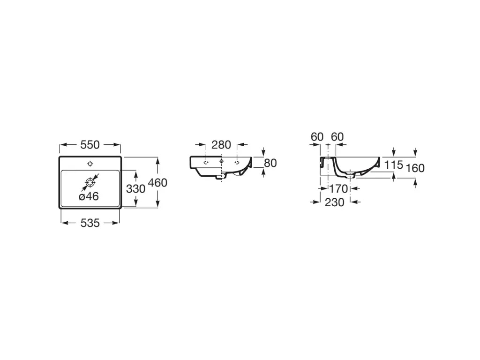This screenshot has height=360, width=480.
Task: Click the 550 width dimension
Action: (90, 145)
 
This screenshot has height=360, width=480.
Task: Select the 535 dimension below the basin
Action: (90, 223)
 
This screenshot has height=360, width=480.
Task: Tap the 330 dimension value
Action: (135, 189)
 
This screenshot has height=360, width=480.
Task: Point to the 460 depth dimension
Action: (157, 183)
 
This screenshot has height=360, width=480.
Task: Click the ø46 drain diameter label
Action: (89, 196)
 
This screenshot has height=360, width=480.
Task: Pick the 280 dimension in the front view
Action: (221, 145)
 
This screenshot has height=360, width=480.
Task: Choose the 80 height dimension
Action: (270, 163)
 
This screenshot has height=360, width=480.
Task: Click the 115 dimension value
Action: (394, 165)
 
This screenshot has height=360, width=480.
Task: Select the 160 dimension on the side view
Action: (415, 168)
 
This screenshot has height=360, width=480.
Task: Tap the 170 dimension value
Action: (338, 189)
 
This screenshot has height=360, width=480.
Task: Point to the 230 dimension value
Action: (335, 202)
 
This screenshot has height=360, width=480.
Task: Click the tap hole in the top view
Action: (90, 164)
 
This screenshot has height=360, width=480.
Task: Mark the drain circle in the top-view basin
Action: (90, 183)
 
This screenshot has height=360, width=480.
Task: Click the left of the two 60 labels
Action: (317, 137)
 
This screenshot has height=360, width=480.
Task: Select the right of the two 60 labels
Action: (337, 137)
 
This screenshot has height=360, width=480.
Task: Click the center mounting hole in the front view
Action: (221, 161)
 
